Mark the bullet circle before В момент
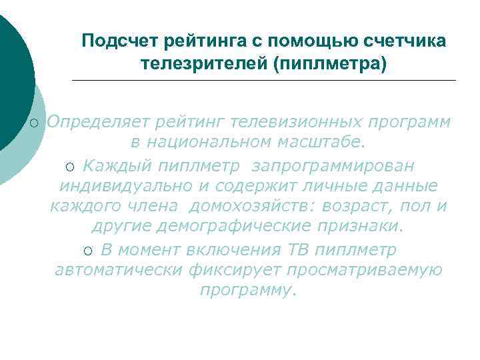coord(89,250)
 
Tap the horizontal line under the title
coord(263,81)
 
